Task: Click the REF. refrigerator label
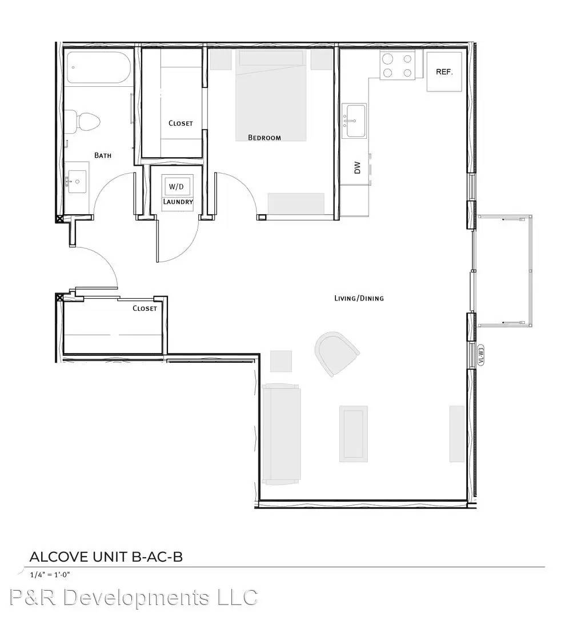click(444, 72)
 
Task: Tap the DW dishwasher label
click(357, 167)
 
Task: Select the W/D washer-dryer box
click(177, 186)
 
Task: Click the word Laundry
click(178, 202)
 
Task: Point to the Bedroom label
click(265, 138)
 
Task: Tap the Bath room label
click(103, 155)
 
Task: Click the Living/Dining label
click(359, 298)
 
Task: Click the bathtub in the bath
click(98, 67)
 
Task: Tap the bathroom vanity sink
click(77, 182)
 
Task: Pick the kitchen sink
click(354, 121)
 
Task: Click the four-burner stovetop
click(398, 66)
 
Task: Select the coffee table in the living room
click(353, 434)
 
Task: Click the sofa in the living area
click(281, 434)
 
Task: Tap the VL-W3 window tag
click(481, 355)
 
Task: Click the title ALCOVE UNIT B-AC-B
click(106, 557)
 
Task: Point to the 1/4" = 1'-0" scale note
click(50, 575)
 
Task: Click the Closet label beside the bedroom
click(181, 123)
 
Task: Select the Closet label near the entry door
click(145, 308)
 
